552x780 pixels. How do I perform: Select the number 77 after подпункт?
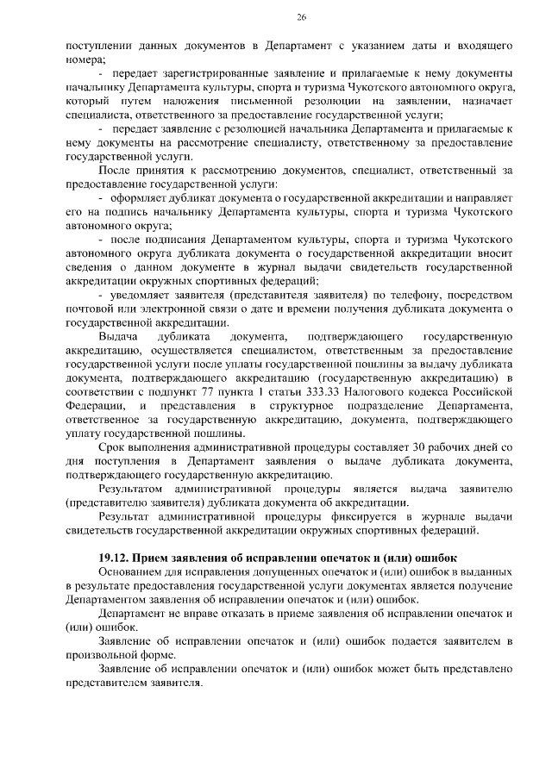click(188, 392)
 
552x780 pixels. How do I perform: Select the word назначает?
click(483, 102)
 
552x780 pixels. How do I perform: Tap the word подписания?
click(169, 237)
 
